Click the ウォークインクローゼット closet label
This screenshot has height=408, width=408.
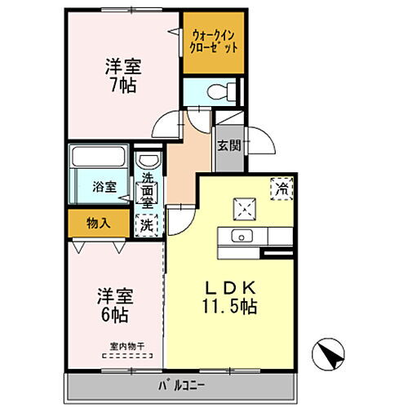coord(215,42)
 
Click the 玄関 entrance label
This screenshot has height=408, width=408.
coord(229,146)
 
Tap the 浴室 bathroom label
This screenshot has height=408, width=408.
coord(102,184)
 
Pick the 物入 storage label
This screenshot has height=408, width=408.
coord(98,222)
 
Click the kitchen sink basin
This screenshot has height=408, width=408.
coord(242,237)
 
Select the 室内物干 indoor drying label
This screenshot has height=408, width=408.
coord(122,345)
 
